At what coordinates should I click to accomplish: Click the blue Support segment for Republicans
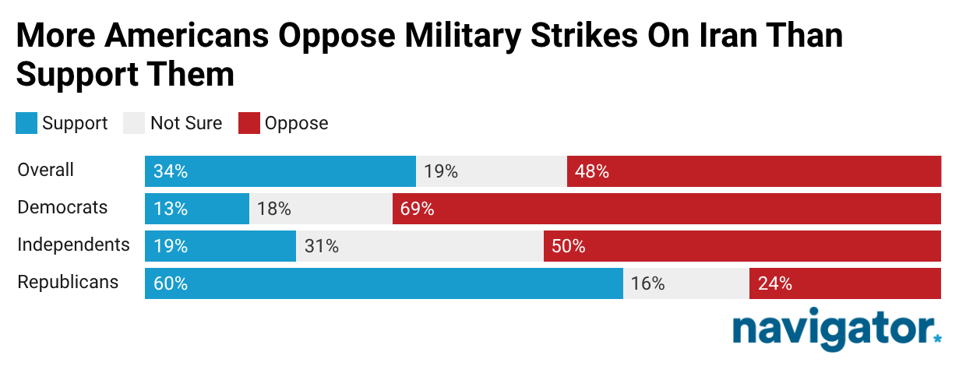(x=383, y=283)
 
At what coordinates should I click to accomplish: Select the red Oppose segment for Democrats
(x=667, y=209)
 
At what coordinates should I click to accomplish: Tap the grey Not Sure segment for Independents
(x=419, y=246)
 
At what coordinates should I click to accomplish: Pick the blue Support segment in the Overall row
(x=280, y=171)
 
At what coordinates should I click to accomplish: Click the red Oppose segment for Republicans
(x=844, y=283)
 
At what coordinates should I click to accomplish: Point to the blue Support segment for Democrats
(x=196, y=209)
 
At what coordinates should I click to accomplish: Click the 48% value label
(x=591, y=171)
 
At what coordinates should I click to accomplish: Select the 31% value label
(x=321, y=247)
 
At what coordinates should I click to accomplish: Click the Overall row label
(x=46, y=170)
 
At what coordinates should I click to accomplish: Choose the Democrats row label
(x=62, y=208)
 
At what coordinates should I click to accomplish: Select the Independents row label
(x=73, y=245)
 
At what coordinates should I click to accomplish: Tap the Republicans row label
(x=68, y=282)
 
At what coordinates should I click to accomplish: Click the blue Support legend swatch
(x=26, y=123)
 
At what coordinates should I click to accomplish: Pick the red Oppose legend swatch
(x=249, y=123)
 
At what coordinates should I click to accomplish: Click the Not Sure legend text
(x=186, y=123)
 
